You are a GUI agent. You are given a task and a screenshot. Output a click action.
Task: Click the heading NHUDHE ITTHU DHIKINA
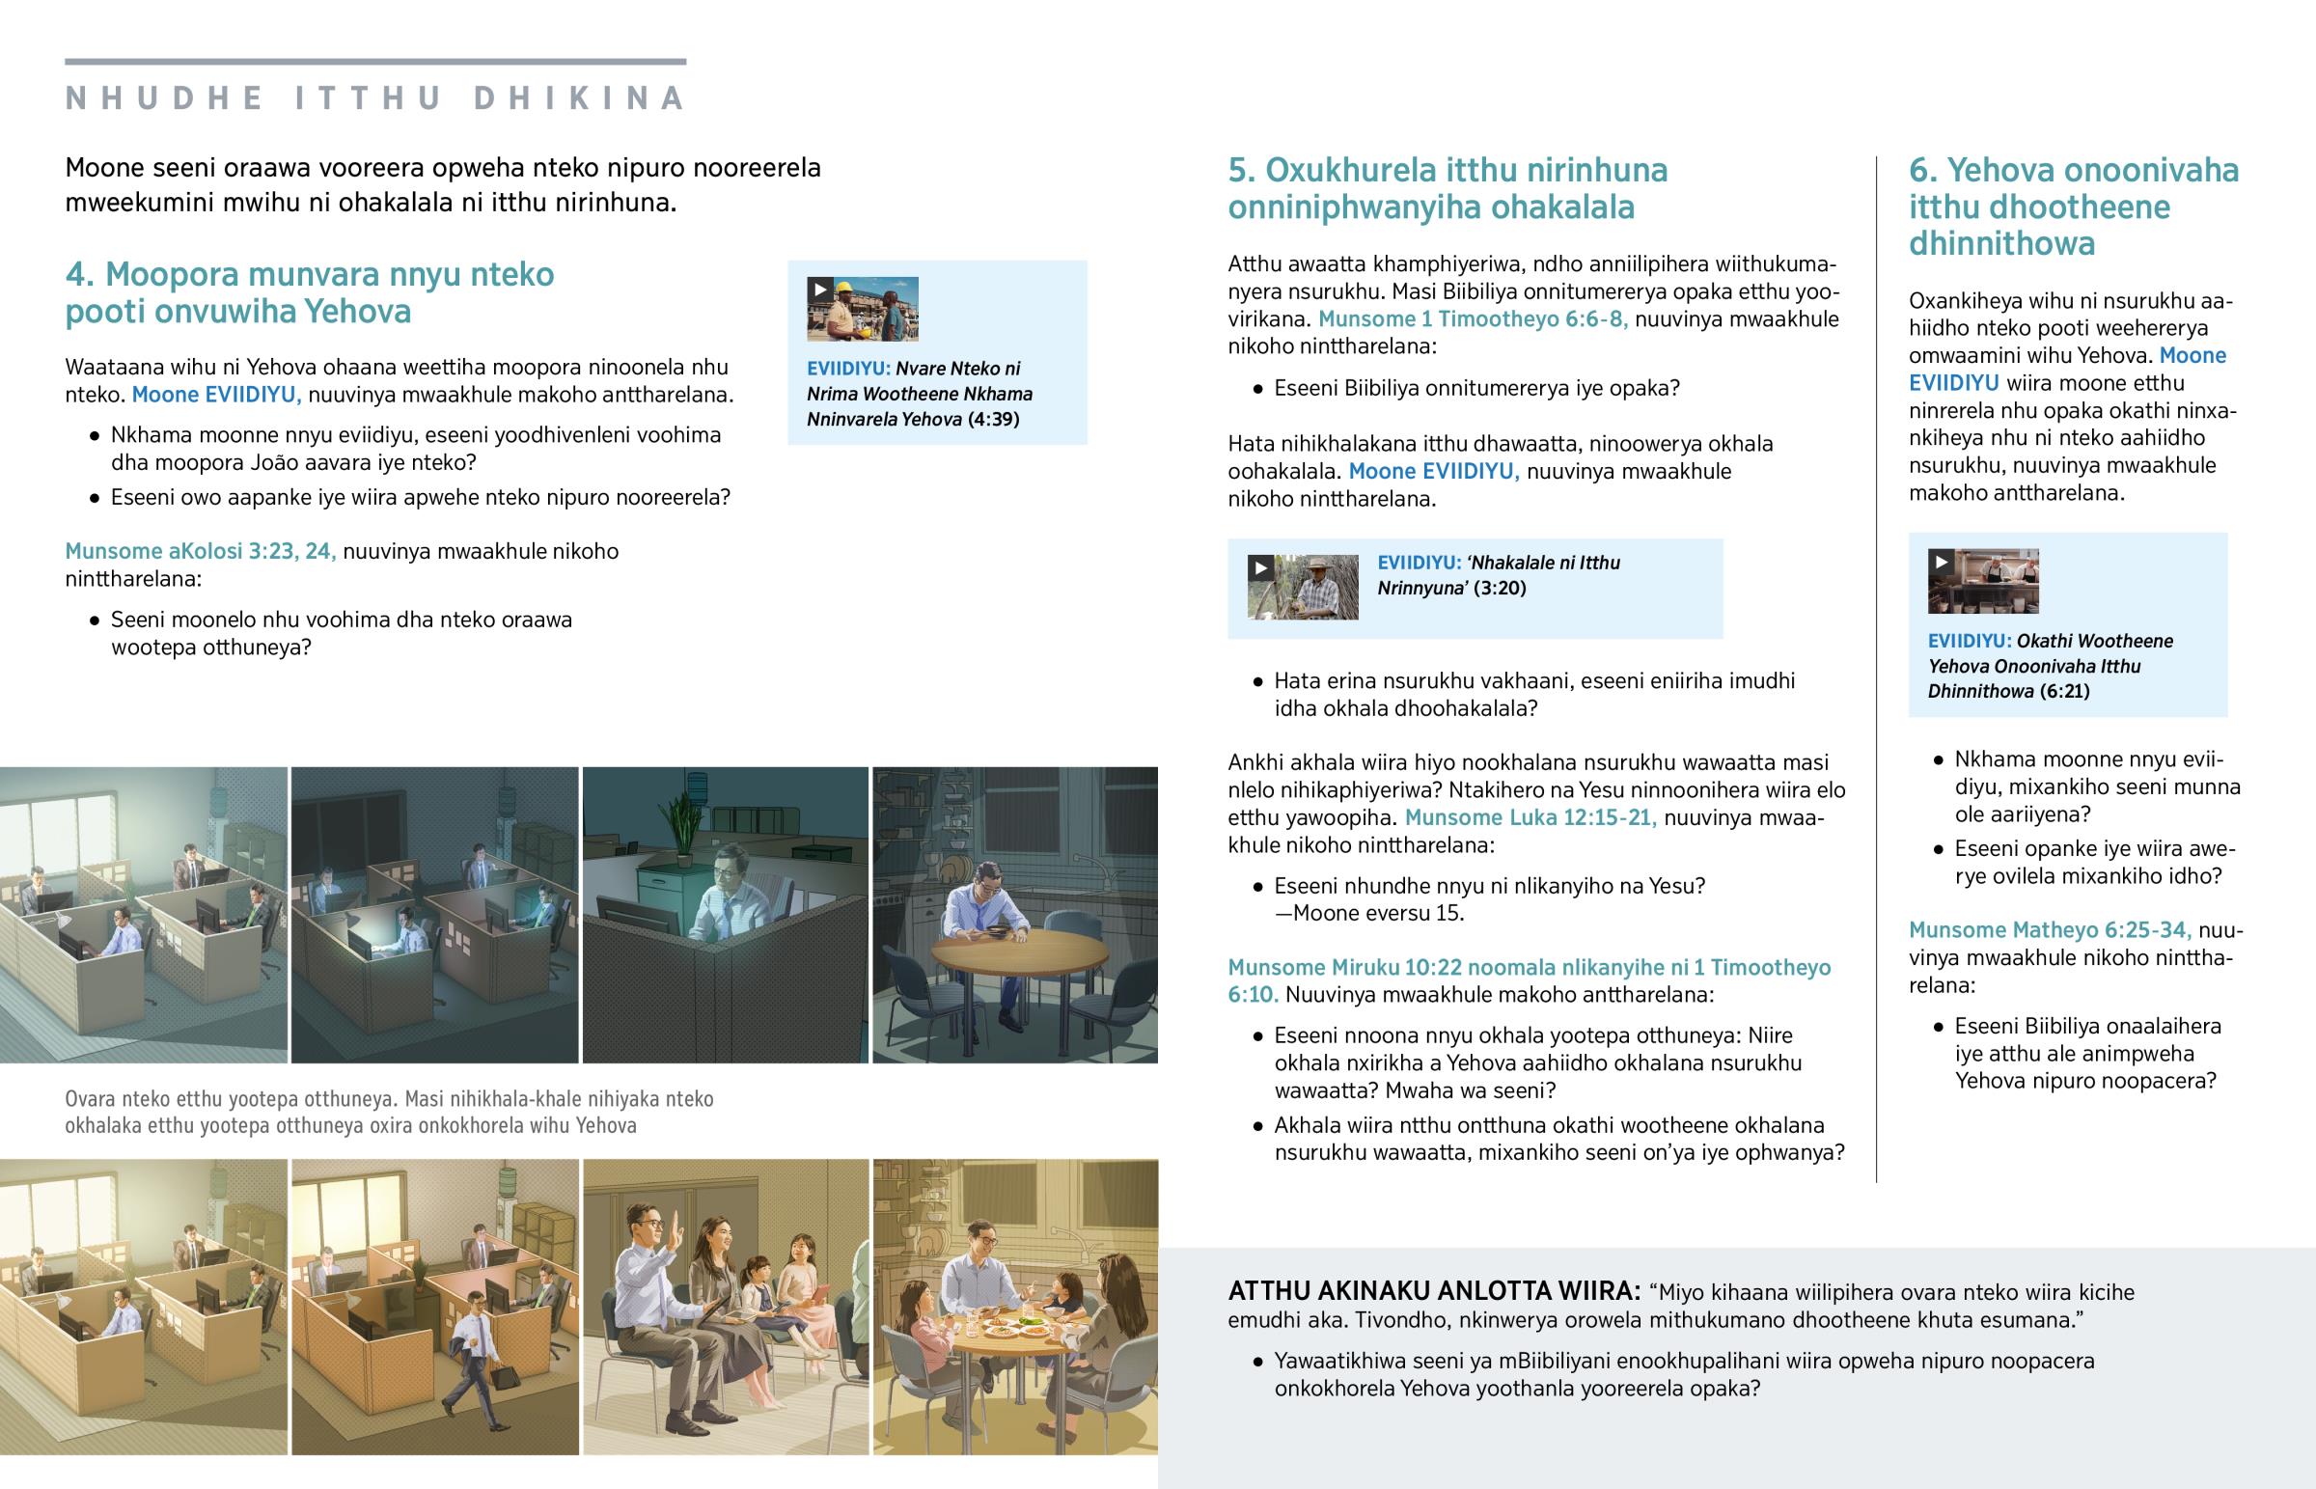pos(375,98)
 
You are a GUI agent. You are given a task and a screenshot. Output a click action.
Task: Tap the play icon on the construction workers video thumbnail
pos(819,290)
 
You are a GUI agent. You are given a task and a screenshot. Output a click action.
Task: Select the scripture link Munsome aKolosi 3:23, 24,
pos(200,551)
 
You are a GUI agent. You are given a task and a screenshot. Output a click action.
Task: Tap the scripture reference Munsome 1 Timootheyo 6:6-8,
pos(1473,319)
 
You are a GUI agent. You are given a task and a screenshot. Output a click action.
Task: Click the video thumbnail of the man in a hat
pos(1302,587)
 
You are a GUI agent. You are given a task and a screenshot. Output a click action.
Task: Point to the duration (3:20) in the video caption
pos(1500,588)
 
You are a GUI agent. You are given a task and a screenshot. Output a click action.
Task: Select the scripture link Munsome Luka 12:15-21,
pos(1530,817)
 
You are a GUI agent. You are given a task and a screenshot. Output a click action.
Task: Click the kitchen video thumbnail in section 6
pos(1982,581)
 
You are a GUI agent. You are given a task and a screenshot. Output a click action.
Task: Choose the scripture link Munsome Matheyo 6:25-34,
pos(2051,930)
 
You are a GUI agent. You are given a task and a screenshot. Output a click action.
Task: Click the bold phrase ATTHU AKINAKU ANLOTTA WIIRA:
pos(1434,1292)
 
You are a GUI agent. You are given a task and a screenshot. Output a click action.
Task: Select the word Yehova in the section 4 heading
pos(358,312)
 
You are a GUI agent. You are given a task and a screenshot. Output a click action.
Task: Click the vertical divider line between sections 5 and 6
pos(1876,669)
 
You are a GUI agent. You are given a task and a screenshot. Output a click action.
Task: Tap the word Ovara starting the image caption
pos(92,1099)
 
